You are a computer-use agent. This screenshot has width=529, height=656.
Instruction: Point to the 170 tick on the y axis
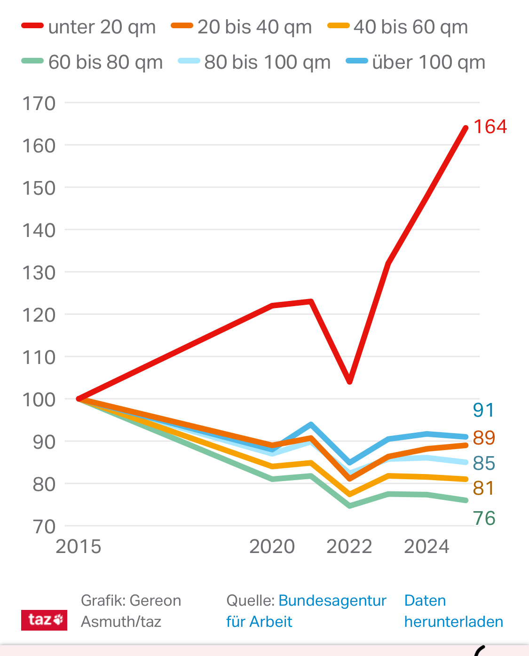[39, 103]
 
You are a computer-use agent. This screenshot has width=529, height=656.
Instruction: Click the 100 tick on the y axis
[39, 400]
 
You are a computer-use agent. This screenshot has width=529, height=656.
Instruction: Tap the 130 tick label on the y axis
[39, 273]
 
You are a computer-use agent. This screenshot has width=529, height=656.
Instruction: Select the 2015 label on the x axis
[79, 547]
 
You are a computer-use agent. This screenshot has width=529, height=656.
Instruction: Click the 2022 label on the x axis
[349, 547]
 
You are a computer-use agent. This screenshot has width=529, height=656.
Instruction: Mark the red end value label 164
[490, 127]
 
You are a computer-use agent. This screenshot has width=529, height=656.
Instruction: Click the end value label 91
[483, 410]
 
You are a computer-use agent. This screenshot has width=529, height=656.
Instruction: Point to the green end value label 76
[484, 518]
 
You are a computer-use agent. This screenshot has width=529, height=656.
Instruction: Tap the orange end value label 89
[484, 438]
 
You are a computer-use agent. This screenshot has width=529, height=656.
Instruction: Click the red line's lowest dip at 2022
[350, 381]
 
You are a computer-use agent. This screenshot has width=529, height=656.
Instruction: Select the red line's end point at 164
[466, 128]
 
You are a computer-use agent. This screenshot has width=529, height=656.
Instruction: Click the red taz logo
[44, 620]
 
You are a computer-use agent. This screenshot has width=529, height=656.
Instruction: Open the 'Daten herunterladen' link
[453, 611]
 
